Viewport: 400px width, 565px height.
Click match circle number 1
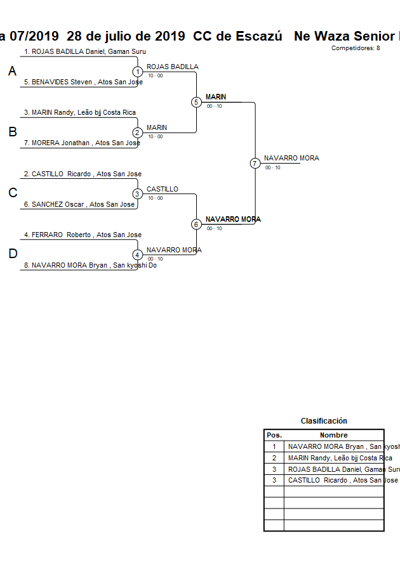[x=138, y=72]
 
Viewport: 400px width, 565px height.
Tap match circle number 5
[x=196, y=102]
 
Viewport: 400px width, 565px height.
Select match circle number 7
[x=255, y=163]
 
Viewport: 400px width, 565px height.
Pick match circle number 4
[x=138, y=255]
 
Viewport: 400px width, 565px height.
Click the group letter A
[x=12, y=72]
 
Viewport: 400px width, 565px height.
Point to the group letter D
[x=12, y=254]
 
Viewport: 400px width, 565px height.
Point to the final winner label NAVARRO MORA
[x=291, y=158]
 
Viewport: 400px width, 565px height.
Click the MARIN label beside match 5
[x=216, y=97]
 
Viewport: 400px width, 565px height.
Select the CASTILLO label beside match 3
[x=163, y=189]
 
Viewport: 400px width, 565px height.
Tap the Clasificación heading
[x=324, y=420]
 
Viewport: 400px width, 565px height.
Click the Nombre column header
[x=333, y=435]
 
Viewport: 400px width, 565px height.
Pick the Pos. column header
[x=274, y=435]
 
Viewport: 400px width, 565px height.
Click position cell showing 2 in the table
[x=274, y=458]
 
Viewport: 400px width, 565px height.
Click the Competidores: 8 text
[x=356, y=48]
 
